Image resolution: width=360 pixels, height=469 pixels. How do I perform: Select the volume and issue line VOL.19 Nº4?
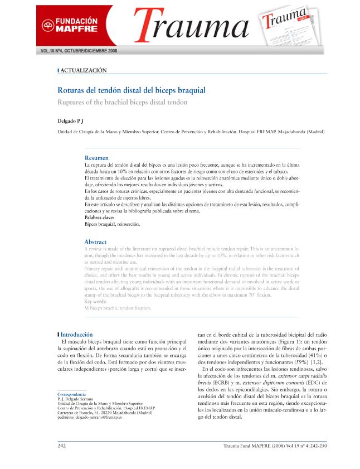77,51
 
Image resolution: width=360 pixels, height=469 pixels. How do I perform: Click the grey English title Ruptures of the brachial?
123,102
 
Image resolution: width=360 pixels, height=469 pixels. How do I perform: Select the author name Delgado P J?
70,120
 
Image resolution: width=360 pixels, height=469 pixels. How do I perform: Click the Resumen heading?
96,158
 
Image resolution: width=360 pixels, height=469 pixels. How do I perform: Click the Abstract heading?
95,242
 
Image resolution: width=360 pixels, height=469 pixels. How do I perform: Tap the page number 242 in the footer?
62,446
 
